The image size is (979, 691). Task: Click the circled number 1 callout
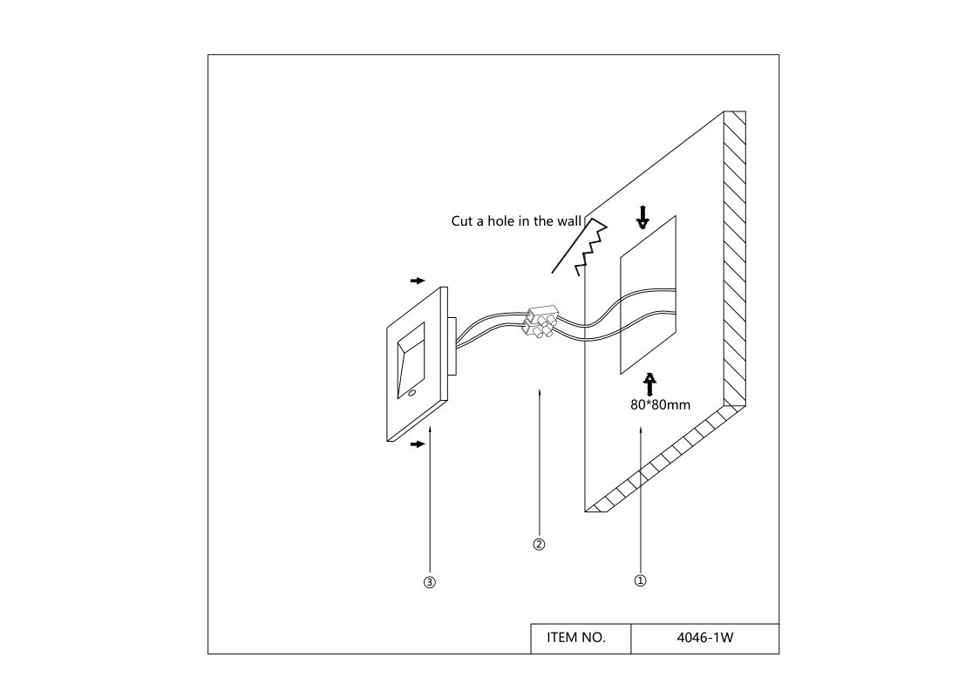[x=640, y=579]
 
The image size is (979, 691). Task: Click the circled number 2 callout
[x=539, y=545]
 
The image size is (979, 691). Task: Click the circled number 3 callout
[x=429, y=582]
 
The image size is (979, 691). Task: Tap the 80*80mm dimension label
[x=660, y=405]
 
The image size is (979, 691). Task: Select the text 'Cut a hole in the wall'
[x=514, y=221]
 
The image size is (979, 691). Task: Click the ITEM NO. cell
[x=576, y=638]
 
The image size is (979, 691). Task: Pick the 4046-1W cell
[x=704, y=638]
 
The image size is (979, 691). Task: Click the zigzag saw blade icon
[x=590, y=247]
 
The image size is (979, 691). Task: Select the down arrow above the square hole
[x=642, y=217]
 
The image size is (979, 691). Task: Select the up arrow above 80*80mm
[x=649, y=384]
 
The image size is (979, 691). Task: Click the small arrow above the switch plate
[x=418, y=281]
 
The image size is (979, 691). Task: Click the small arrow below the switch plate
[x=418, y=444]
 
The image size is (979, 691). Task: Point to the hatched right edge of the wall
[x=735, y=261]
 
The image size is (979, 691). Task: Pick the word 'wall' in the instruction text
[x=568, y=221]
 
